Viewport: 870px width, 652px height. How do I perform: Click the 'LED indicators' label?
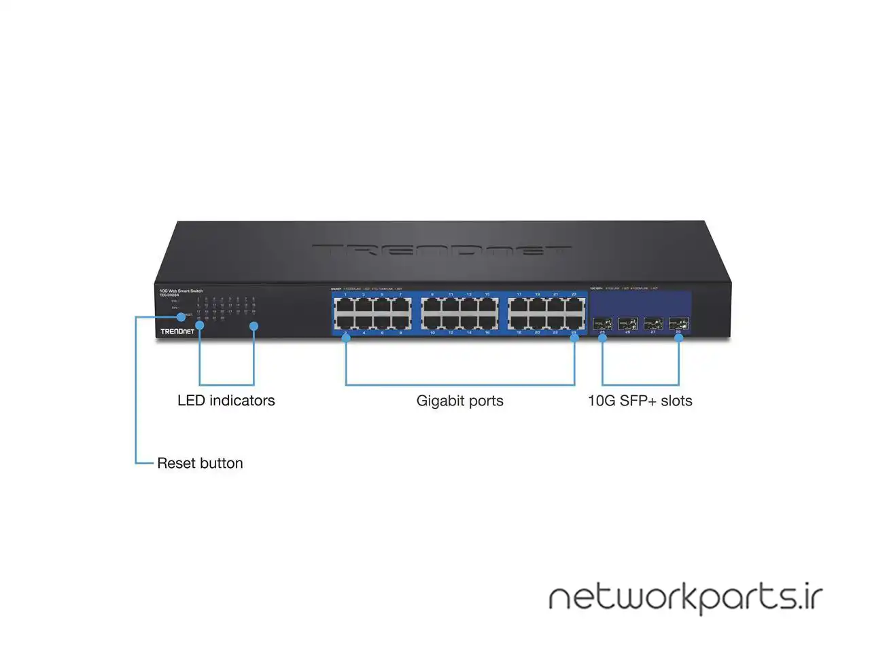(x=226, y=401)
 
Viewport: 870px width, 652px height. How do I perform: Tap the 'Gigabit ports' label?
(x=459, y=401)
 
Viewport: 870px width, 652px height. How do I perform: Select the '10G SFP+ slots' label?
(x=640, y=401)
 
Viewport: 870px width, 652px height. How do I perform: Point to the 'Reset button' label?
(x=200, y=463)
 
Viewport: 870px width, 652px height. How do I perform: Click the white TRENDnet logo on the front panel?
(x=177, y=331)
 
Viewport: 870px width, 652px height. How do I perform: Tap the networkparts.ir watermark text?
(x=685, y=598)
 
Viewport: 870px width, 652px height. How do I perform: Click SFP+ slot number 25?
(x=602, y=323)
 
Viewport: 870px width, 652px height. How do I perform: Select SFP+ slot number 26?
(x=627, y=323)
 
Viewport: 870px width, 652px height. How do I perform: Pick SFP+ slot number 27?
(x=653, y=323)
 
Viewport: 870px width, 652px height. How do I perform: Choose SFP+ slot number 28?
(x=678, y=323)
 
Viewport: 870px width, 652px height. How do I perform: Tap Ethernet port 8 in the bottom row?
(x=400, y=322)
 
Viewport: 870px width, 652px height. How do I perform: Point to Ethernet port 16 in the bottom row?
(x=487, y=322)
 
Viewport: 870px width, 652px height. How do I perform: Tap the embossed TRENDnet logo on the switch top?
(x=442, y=250)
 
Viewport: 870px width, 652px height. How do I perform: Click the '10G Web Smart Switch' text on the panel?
(x=181, y=291)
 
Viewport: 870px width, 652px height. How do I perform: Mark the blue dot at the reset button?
(x=181, y=316)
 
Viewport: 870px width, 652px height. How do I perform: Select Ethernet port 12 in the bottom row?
(x=451, y=322)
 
